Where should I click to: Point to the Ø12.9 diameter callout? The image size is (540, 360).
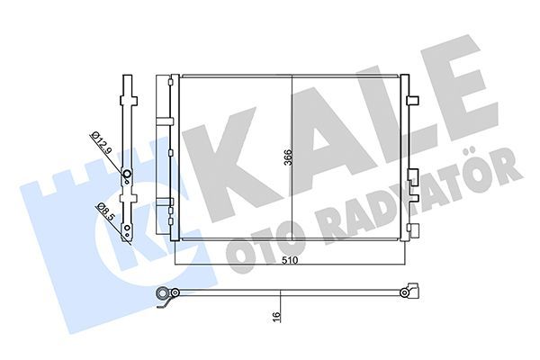coord(101,143)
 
